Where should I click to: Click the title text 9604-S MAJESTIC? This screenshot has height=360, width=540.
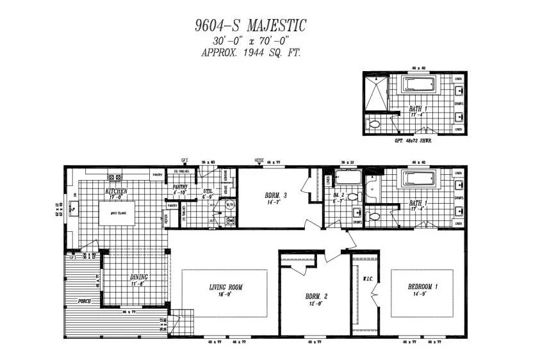coord(250,26)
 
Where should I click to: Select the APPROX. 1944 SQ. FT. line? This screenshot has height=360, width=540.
coord(250,53)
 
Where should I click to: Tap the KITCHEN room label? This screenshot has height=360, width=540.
coord(116,191)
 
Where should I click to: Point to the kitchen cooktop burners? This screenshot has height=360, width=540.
coord(115,177)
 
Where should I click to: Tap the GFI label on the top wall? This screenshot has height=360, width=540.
coord(184,160)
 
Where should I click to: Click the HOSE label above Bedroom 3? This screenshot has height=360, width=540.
coord(259,160)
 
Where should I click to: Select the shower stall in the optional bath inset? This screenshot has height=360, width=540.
coord(377,95)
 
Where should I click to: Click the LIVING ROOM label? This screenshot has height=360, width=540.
coord(226,288)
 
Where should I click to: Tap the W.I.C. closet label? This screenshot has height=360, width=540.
coord(367,279)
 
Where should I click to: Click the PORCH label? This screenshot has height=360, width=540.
coord(84,300)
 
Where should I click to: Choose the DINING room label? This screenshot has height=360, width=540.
coord(138,277)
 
